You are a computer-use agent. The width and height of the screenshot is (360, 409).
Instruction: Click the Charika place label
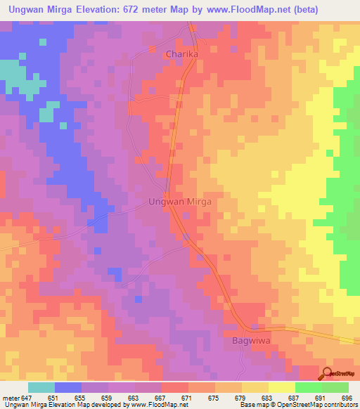(182, 54)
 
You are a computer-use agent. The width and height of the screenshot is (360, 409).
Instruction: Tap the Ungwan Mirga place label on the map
(180, 201)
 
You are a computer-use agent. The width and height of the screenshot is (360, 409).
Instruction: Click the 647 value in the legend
(27, 397)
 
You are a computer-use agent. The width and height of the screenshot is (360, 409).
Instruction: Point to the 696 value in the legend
(345, 397)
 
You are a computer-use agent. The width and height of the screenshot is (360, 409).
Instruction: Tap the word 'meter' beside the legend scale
(11, 397)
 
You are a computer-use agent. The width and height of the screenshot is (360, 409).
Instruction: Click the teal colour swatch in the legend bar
(41, 387)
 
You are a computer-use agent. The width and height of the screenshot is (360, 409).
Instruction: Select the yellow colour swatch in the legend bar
(281, 387)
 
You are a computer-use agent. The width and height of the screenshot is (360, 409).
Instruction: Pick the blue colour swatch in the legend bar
(68, 387)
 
